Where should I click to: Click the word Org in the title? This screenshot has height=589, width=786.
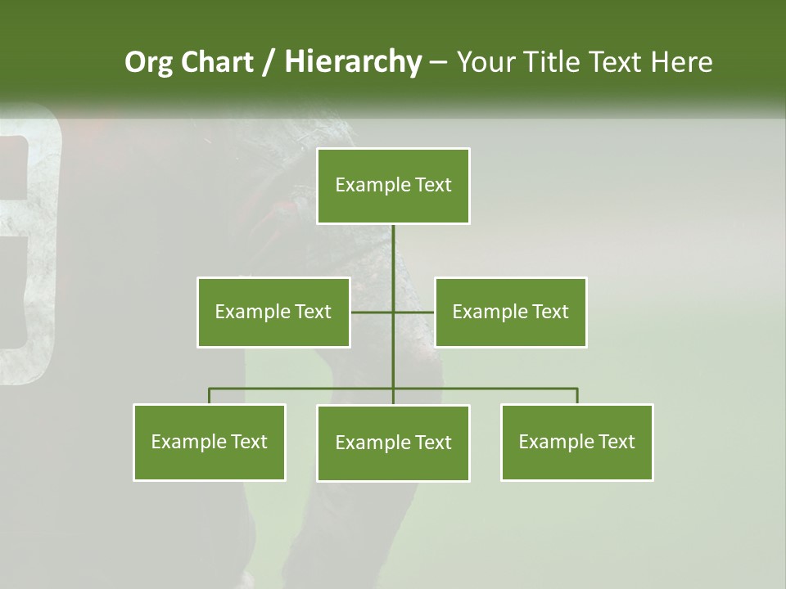[x=148, y=62]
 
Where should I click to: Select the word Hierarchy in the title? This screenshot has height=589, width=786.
[x=353, y=62]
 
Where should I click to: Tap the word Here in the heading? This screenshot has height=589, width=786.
[x=681, y=62]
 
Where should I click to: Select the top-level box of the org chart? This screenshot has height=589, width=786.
[x=393, y=186]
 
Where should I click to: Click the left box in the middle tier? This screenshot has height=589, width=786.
[x=273, y=312]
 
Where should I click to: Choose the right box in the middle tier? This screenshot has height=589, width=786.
[x=510, y=312]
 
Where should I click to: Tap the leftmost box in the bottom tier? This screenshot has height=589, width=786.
[x=210, y=442]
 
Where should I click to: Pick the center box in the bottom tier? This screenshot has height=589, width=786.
[x=393, y=443]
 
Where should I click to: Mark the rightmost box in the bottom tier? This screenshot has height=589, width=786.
[x=576, y=442]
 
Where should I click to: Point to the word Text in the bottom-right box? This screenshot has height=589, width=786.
[x=617, y=442]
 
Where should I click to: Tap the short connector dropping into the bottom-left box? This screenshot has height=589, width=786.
[x=210, y=396]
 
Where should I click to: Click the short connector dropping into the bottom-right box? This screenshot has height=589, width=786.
[x=577, y=396]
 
